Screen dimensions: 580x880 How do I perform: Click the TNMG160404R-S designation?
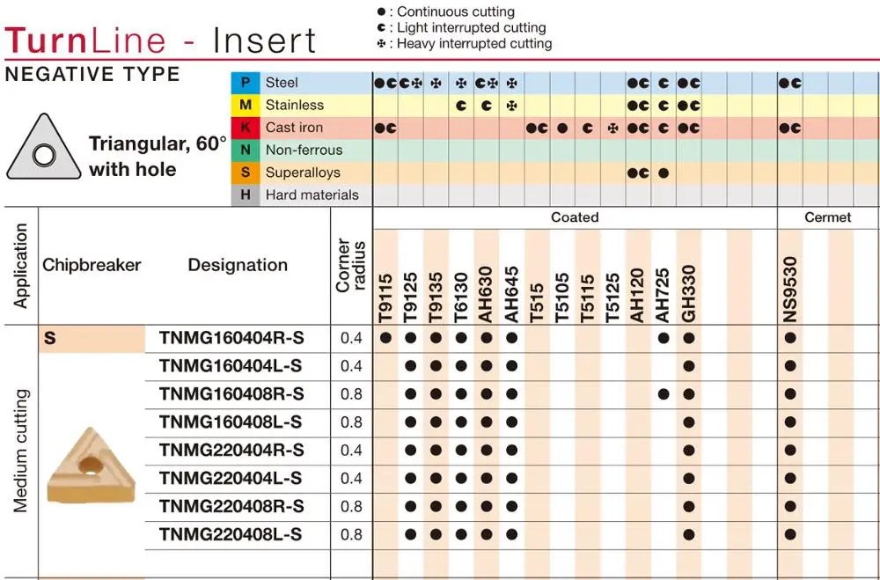[x=231, y=338]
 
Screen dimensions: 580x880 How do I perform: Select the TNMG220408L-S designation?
[x=231, y=534]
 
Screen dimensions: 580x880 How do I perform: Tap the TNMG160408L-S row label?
[x=231, y=422]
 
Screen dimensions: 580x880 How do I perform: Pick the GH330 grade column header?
[x=689, y=293]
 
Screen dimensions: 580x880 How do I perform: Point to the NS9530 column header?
[x=790, y=290]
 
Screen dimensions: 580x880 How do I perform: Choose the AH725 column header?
[x=664, y=293]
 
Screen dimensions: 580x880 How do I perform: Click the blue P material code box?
[x=245, y=83]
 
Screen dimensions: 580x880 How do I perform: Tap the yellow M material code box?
[x=245, y=105]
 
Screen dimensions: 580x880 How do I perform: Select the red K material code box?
[x=245, y=128]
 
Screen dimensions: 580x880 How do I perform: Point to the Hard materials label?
[x=312, y=195]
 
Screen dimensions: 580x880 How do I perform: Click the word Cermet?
[x=828, y=217]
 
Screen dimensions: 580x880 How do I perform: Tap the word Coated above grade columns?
[x=575, y=217]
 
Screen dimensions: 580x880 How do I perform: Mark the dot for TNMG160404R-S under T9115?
[x=385, y=338]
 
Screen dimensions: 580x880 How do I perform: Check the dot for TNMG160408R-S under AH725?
[x=664, y=394]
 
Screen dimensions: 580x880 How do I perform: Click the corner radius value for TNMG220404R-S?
[x=351, y=451]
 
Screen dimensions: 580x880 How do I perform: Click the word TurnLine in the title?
[x=85, y=41]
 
